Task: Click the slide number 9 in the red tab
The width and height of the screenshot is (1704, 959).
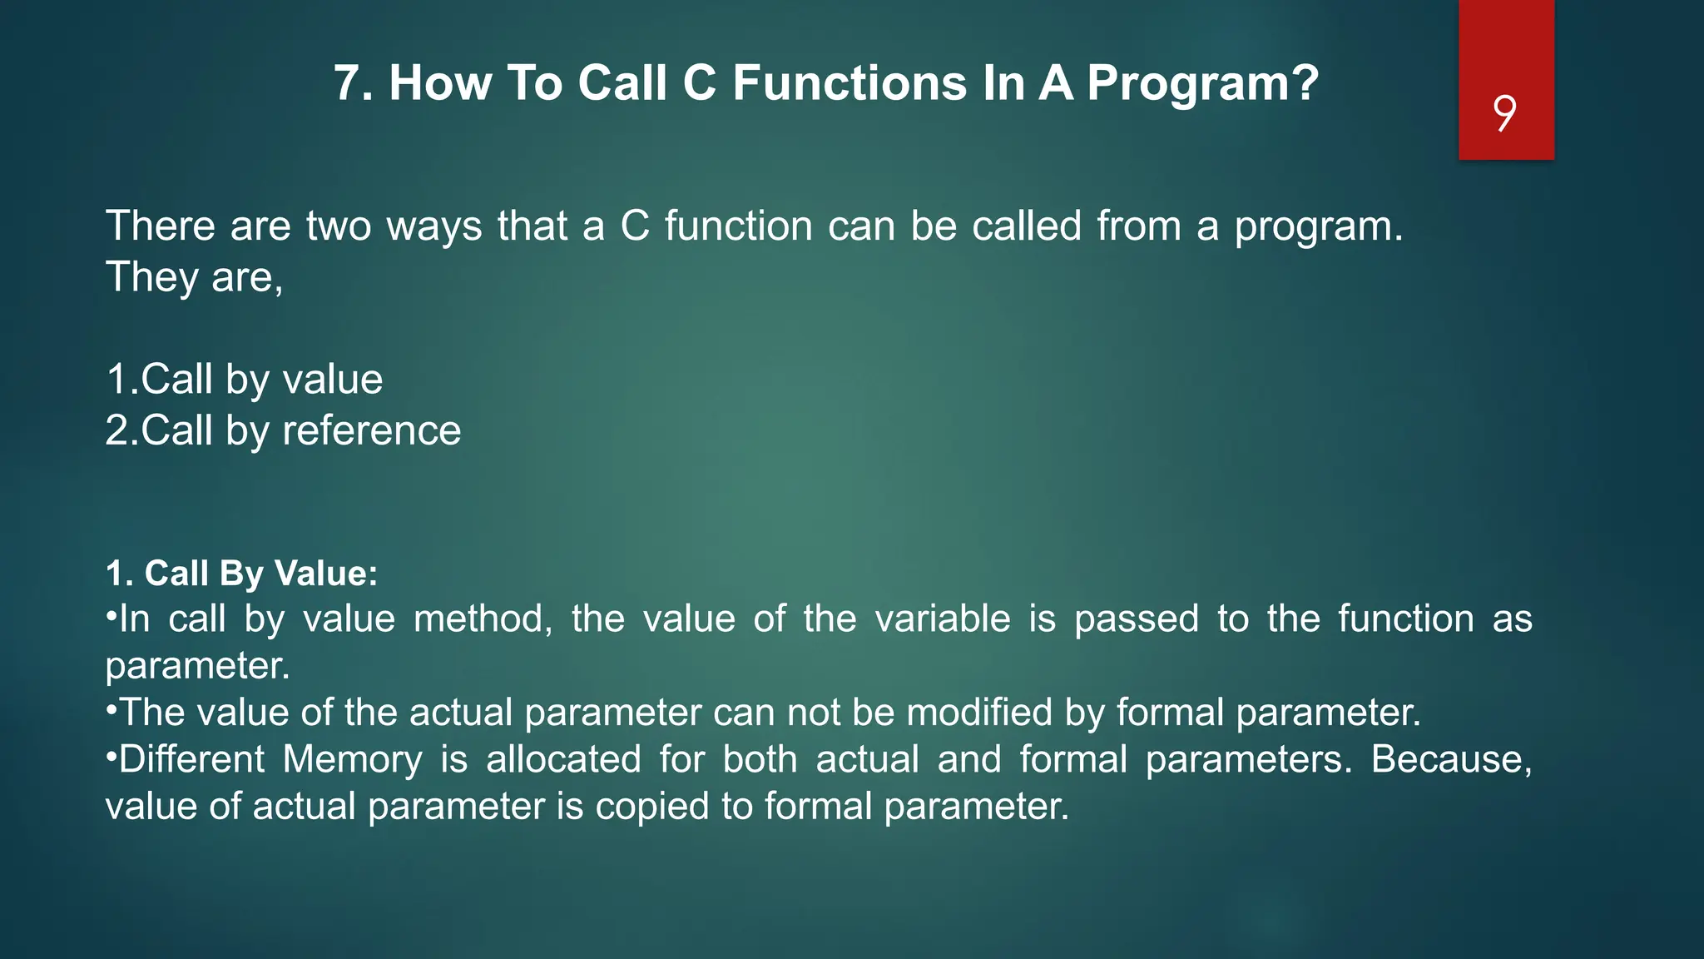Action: [x=1504, y=113]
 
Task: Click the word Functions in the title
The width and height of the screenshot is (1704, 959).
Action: [x=850, y=83]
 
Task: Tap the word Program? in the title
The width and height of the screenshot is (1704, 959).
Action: [x=1202, y=83]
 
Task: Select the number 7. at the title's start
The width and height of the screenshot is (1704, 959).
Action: [x=353, y=83]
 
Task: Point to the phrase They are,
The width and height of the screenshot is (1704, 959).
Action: [x=194, y=277]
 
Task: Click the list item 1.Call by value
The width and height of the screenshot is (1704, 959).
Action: [x=244, y=380]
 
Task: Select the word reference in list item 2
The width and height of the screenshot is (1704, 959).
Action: [x=371, y=431]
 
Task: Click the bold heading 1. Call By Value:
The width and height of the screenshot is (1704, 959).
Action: [x=241, y=574]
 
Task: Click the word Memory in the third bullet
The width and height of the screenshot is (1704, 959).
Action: [x=352, y=759]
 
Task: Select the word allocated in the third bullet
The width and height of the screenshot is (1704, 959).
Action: [x=563, y=759]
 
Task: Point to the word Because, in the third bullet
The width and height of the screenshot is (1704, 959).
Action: [x=1450, y=759]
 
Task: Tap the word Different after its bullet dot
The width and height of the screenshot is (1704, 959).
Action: [x=191, y=759]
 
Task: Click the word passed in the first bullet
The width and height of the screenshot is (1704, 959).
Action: [x=1136, y=619]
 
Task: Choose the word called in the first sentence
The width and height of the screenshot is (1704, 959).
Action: [x=1026, y=226]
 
